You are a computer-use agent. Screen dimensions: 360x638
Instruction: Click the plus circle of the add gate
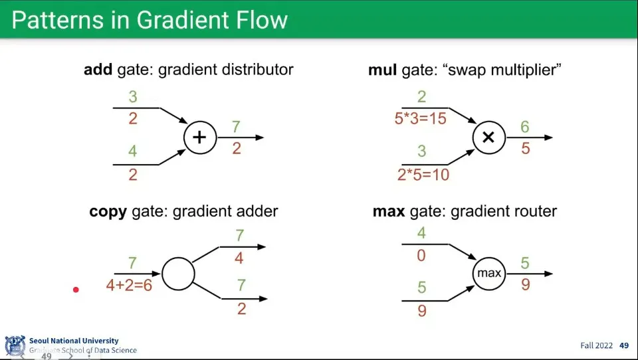200,137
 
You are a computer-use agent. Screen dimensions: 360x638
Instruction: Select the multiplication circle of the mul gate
488,137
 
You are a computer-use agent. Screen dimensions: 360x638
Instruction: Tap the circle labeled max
488,273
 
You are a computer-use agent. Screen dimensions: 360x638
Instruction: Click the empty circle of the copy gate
178,273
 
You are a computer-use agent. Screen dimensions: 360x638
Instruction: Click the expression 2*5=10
422,175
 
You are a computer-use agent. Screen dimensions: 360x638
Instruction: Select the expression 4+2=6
129,286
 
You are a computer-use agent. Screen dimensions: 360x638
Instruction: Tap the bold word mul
382,69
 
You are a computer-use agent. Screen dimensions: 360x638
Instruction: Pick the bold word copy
108,211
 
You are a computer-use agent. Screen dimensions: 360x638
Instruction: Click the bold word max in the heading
389,211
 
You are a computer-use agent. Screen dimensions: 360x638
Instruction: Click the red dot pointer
76,290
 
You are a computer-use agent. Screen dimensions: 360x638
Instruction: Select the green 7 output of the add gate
237,126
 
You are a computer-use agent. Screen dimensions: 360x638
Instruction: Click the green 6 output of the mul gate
525,126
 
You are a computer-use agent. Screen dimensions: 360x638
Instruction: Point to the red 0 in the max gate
421,255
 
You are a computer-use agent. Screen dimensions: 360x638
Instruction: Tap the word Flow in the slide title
259,20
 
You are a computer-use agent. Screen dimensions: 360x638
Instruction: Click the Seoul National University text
74,341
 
